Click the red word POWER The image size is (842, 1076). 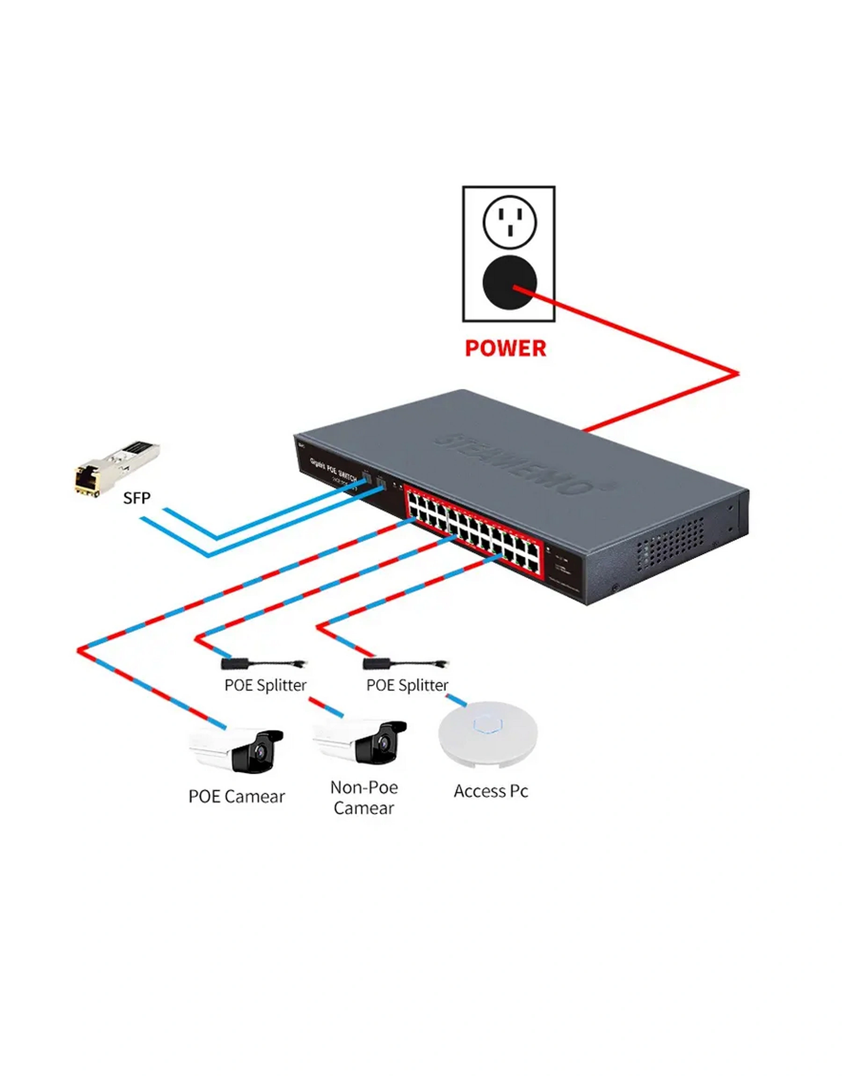point(505,348)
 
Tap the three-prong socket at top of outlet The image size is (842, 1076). point(510,221)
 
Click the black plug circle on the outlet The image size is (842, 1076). point(509,283)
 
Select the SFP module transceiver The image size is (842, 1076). point(117,467)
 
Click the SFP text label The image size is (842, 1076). point(137,498)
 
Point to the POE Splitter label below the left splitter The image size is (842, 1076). point(265,685)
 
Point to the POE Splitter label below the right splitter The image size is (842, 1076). point(407,685)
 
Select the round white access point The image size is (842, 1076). point(488,734)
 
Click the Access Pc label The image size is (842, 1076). point(491,791)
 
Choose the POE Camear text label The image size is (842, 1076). point(237,797)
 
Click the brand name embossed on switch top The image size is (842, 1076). point(523,464)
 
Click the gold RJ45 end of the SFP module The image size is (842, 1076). point(87,479)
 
